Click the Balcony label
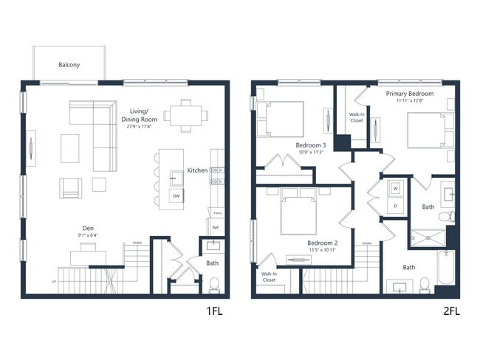(x=69, y=65)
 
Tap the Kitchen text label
(x=197, y=170)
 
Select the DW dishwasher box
(x=176, y=196)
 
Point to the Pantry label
(x=217, y=212)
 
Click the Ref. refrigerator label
(x=216, y=227)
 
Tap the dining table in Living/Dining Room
(x=185, y=114)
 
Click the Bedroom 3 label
(x=311, y=145)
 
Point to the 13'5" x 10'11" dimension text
(x=322, y=250)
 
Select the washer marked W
(x=395, y=188)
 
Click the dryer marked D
(x=395, y=206)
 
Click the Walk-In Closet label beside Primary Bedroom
(x=356, y=117)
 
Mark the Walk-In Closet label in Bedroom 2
(x=269, y=277)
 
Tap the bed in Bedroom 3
(x=281, y=119)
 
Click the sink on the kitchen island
(x=176, y=177)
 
